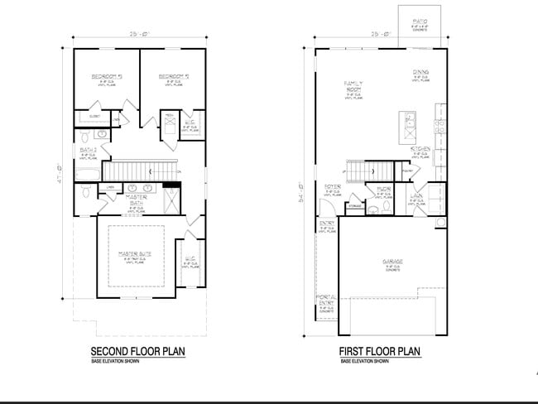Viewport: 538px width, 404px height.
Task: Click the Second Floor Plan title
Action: coord(137,352)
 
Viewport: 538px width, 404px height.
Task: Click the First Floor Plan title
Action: coord(380,352)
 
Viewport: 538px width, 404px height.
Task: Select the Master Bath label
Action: coord(137,201)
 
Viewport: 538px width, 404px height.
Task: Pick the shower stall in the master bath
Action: coord(170,199)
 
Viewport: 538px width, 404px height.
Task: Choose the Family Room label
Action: coord(355,87)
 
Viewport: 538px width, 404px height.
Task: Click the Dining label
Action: coord(420,74)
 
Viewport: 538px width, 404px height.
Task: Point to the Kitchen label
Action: coord(420,149)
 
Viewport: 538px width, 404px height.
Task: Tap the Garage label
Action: coord(392,261)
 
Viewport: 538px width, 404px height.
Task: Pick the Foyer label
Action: coord(332,187)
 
